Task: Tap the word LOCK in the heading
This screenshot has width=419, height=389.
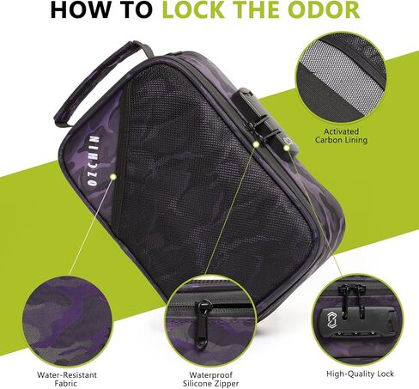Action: [x=193, y=10]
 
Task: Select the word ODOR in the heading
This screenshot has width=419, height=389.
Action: [x=327, y=10]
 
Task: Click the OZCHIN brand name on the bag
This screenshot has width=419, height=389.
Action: [x=94, y=161]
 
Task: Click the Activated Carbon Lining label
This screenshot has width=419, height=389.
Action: [x=341, y=136]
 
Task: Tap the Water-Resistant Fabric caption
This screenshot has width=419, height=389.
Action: [x=67, y=379]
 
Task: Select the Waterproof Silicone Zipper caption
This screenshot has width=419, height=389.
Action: [x=210, y=379]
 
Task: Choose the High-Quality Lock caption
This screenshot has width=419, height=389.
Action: [x=360, y=374]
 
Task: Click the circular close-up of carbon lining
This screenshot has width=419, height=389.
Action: [x=341, y=77]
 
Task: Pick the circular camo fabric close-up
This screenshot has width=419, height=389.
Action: [x=67, y=321]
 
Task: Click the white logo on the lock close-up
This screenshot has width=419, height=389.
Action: [x=331, y=319]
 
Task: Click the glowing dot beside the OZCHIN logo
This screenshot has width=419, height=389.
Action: [x=113, y=177]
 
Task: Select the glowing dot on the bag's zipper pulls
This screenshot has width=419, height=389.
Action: [x=256, y=144]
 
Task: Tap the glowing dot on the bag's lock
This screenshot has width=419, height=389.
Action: [x=287, y=148]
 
